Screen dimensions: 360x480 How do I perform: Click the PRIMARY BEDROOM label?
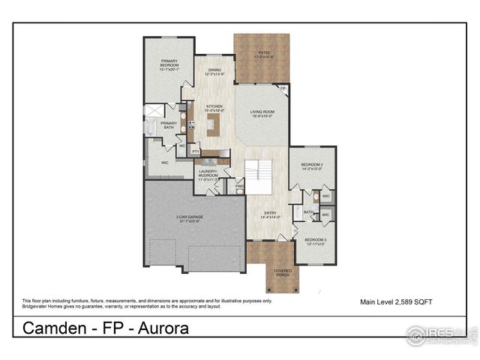(169, 65)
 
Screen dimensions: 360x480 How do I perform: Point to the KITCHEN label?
(205, 108)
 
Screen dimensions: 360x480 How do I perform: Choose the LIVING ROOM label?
(262, 114)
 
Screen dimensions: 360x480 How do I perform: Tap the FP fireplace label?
(283, 88)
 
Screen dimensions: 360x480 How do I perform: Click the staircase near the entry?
(261, 177)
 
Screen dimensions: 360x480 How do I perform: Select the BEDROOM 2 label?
(312, 166)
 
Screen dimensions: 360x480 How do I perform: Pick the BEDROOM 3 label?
(315, 241)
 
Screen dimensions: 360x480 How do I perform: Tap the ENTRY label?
(269, 214)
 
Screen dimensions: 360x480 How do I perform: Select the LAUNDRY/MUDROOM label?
(208, 177)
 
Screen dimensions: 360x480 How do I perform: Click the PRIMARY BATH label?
(169, 125)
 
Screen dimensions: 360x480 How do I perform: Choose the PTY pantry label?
(196, 151)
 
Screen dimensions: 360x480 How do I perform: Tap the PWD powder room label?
(240, 186)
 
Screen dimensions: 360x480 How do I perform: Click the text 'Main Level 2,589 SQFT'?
(397, 301)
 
